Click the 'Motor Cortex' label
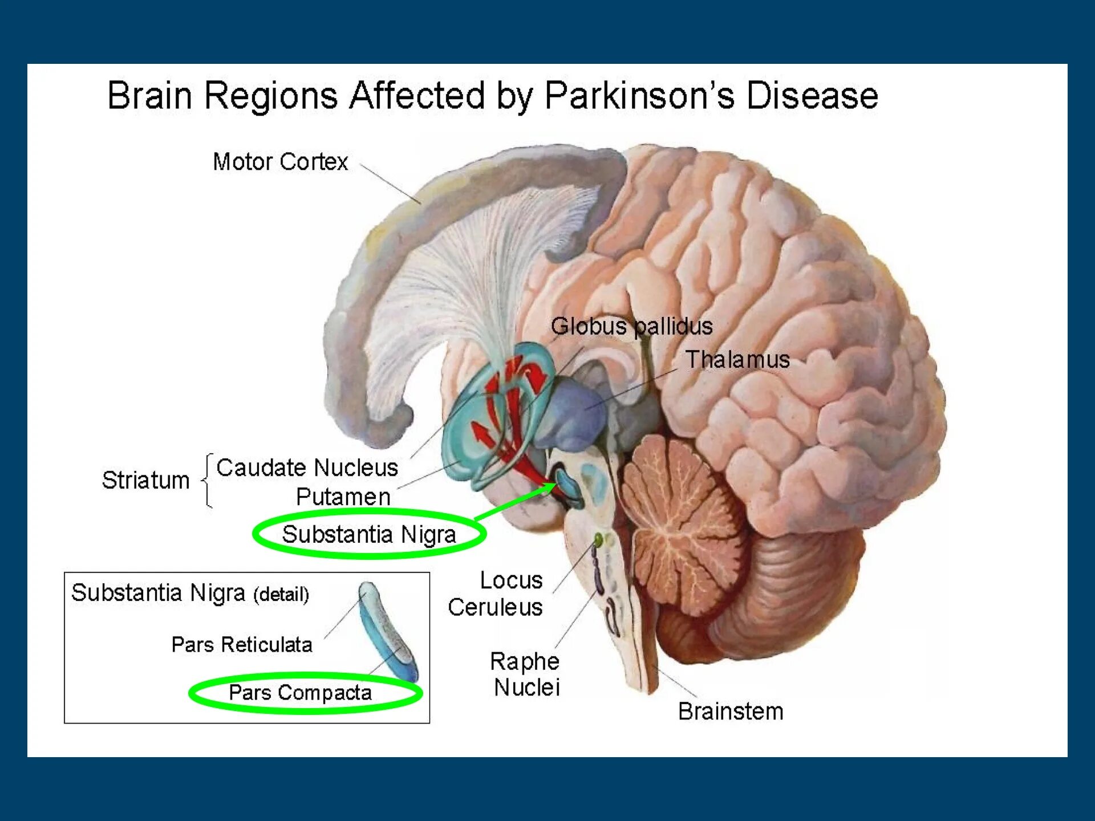280,162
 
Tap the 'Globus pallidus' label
631,327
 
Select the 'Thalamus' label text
737,360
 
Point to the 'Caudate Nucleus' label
307,468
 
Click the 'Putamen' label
343,497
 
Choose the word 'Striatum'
145,480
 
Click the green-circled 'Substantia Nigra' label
369,535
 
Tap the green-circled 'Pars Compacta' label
300,693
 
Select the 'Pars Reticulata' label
242,645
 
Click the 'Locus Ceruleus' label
496,594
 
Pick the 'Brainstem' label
731,712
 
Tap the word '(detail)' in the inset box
281,595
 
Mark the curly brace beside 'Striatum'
208,480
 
